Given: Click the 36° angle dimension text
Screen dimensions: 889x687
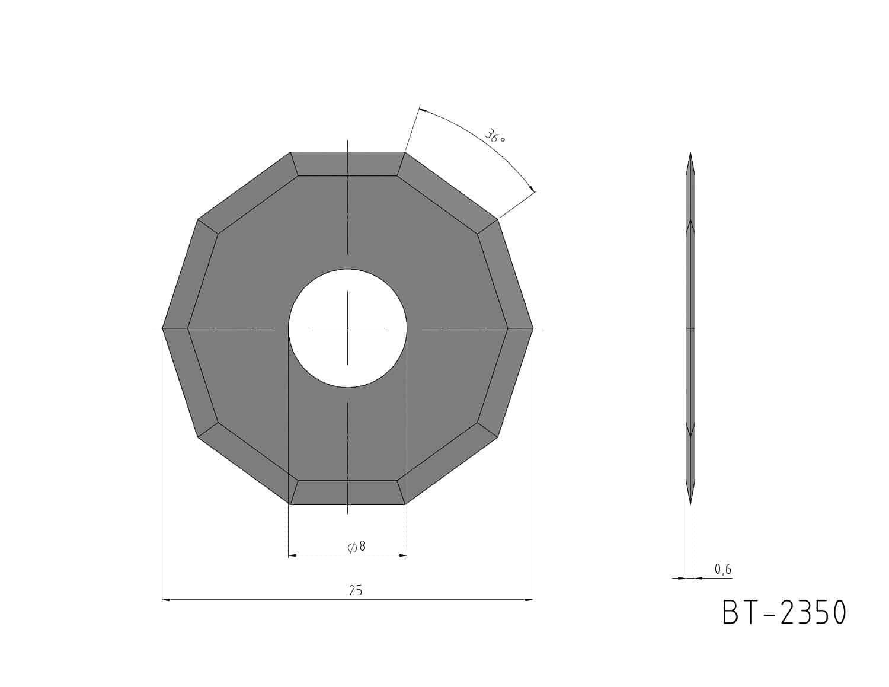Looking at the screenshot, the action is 495,136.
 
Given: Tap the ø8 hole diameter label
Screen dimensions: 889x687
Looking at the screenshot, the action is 356,547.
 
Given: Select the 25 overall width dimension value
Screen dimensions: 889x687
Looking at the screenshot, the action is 356,590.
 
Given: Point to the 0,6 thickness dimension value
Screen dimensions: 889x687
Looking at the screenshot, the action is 723,569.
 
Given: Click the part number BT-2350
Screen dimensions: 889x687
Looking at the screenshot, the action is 784,612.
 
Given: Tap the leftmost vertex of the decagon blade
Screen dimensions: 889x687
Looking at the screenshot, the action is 163,328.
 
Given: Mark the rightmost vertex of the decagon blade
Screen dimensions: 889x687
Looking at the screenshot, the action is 533,328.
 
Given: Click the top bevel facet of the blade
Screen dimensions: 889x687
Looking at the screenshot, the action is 347,164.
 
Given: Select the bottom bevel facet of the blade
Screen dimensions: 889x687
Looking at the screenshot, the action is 347,492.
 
